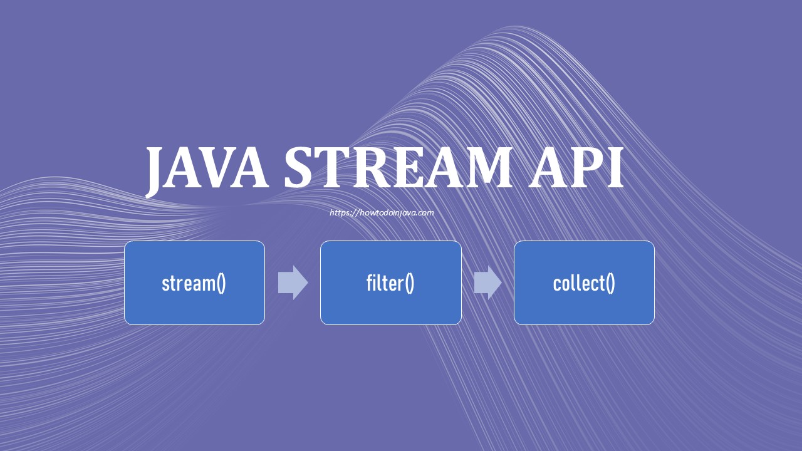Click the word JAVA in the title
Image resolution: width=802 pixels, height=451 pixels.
207,168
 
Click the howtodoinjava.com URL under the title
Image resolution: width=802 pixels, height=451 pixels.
382,213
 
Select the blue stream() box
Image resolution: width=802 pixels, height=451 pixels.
194,283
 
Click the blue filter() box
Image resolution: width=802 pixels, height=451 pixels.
390,283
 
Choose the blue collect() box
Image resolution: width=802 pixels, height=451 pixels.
584,283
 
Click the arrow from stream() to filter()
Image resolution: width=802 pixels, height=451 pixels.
293,283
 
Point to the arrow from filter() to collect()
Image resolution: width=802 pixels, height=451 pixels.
487,283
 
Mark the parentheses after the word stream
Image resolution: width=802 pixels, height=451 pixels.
221,284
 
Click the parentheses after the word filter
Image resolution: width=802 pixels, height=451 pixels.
409,284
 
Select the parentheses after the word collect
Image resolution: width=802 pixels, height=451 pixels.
610,284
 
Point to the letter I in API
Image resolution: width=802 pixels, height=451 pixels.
615,168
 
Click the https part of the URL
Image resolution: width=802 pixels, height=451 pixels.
339,213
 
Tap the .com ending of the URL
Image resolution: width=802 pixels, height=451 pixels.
425,213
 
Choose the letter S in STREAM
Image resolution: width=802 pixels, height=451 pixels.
300,168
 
